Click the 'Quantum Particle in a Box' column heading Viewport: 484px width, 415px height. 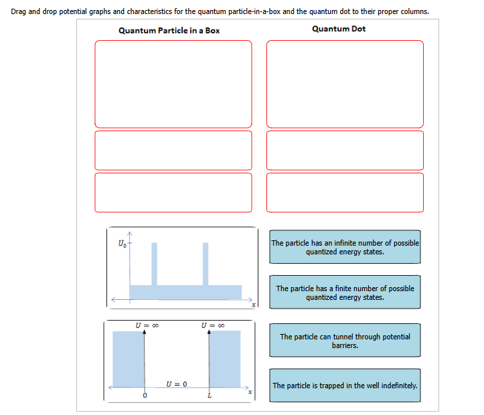click(x=169, y=30)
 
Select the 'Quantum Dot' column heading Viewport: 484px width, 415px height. click(x=339, y=29)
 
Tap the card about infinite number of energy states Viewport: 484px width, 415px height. click(x=345, y=247)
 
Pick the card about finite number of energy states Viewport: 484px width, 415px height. click(x=345, y=293)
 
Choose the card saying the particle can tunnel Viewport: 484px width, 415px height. click(x=345, y=341)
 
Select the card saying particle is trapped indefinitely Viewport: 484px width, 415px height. click(x=345, y=386)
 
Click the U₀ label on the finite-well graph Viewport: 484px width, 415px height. click(x=121, y=242)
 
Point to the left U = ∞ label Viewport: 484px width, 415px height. click(x=147, y=326)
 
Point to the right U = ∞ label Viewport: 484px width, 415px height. click(x=212, y=326)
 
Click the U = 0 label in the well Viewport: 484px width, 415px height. click(x=176, y=384)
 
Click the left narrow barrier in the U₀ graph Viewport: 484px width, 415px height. click(x=155, y=263)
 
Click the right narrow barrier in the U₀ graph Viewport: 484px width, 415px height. click(x=206, y=263)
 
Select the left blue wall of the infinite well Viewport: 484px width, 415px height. click(x=127, y=359)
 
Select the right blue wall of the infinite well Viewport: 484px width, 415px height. click(x=226, y=359)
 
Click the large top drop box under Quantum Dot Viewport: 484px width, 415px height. click(x=345, y=83)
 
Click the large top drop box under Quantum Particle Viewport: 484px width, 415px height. click(x=173, y=83)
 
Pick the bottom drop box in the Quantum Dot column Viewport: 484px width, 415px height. click(x=345, y=192)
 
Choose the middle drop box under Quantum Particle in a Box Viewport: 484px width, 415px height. click(x=173, y=150)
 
